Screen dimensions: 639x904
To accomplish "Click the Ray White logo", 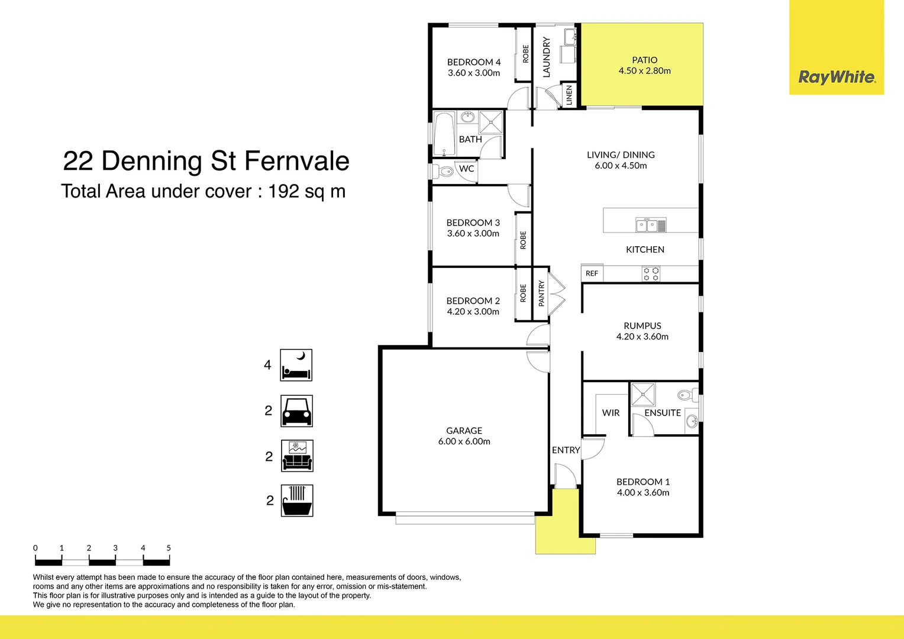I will (837, 77).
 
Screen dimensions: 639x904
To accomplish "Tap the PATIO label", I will (644, 60).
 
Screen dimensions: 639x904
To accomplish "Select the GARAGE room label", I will (464, 431).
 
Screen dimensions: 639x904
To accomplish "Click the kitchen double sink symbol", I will (651, 225).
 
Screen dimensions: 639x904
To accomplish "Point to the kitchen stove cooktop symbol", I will (651, 273).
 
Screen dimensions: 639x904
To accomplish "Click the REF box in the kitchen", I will (592, 273).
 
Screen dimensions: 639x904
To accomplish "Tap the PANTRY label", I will (541, 293).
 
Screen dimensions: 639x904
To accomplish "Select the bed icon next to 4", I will (296, 365).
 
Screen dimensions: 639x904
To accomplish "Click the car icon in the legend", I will (296, 411).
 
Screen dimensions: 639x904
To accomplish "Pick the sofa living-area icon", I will (297, 456).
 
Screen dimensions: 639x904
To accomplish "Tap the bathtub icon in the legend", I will (296, 501).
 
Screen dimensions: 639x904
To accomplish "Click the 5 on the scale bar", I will (169, 548).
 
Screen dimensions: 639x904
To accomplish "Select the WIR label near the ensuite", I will (611, 413).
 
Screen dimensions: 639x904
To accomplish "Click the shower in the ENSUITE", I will (643, 394).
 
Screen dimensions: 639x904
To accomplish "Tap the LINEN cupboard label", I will (569, 95).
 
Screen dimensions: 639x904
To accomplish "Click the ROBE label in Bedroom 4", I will (525, 54).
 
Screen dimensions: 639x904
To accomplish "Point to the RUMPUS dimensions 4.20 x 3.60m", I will (642, 337).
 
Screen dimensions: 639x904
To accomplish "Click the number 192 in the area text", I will (283, 191).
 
